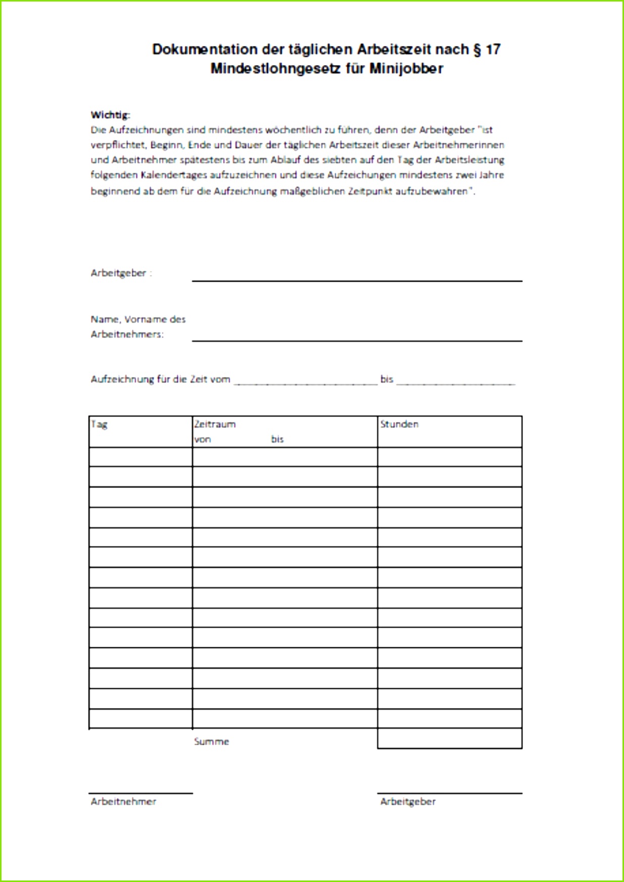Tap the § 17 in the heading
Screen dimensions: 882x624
pyautogui.click(x=487, y=49)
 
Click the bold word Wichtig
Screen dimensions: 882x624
pyautogui.click(x=110, y=115)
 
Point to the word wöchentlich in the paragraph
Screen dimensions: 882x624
pyautogui.click(x=293, y=130)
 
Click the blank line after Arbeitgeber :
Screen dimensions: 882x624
pyautogui.click(x=356, y=279)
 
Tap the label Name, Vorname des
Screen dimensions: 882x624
pyautogui.click(x=138, y=319)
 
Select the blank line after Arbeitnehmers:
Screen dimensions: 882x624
pyautogui.click(x=356, y=340)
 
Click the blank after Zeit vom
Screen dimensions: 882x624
pyautogui.click(x=305, y=383)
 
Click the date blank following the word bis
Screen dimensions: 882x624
pyautogui.click(x=455, y=383)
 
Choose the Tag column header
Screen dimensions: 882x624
pyautogui.click(x=99, y=424)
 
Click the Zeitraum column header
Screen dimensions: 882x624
pyautogui.click(x=215, y=424)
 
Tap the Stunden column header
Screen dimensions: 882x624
pyautogui.click(x=399, y=424)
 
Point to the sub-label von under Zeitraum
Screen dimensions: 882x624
pyautogui.click(x=202, y=439)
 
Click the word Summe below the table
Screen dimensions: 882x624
pyautogui.click(x=212, y=742)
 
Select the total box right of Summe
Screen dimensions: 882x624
pyautogui.click(x=449, y=738)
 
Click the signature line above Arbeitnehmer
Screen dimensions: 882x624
pyautogui.click(x=140, y=793)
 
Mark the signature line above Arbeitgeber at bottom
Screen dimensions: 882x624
pyautogui.click(x=449, y=793)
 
